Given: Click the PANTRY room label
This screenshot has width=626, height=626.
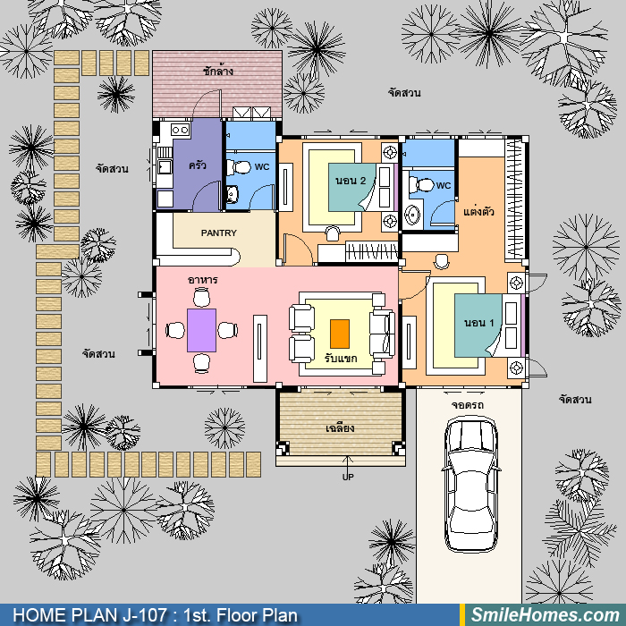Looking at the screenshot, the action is click(219, 233).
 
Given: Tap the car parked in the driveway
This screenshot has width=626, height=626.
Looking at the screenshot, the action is click(471, 485).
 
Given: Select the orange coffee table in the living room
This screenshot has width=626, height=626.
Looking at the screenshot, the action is click(340, 334).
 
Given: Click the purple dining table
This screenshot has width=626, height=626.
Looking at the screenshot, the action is click(201, 330).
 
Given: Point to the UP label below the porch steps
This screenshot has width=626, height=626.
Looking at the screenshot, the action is click(348, 477).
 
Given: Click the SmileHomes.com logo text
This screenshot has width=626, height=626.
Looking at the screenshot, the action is click(546, 615).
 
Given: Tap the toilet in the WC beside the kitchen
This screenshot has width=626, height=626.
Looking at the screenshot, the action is click(239, 167).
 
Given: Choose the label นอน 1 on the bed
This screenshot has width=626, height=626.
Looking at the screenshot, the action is click(478, 323).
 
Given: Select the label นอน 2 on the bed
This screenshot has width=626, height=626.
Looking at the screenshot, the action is click(351, 181).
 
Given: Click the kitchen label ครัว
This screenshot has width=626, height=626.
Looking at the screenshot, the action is click(198, 165).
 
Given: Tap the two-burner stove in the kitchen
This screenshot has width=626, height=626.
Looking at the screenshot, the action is click(181, 130).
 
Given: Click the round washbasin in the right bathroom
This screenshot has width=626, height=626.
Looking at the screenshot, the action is click(412, 216).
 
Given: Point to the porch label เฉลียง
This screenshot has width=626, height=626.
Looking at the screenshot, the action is click(340, 428).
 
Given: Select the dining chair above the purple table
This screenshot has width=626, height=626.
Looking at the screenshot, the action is click(201, 298).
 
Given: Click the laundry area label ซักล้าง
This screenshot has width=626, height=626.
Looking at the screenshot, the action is click(218, 71).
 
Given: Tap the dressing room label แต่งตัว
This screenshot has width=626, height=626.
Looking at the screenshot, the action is click(478, 211).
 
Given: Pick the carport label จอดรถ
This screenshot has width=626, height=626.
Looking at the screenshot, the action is click(468, 405).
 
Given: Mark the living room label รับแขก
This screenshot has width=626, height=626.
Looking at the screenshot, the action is click(341, 358).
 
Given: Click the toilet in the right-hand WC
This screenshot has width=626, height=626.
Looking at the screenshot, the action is click(421, 185).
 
